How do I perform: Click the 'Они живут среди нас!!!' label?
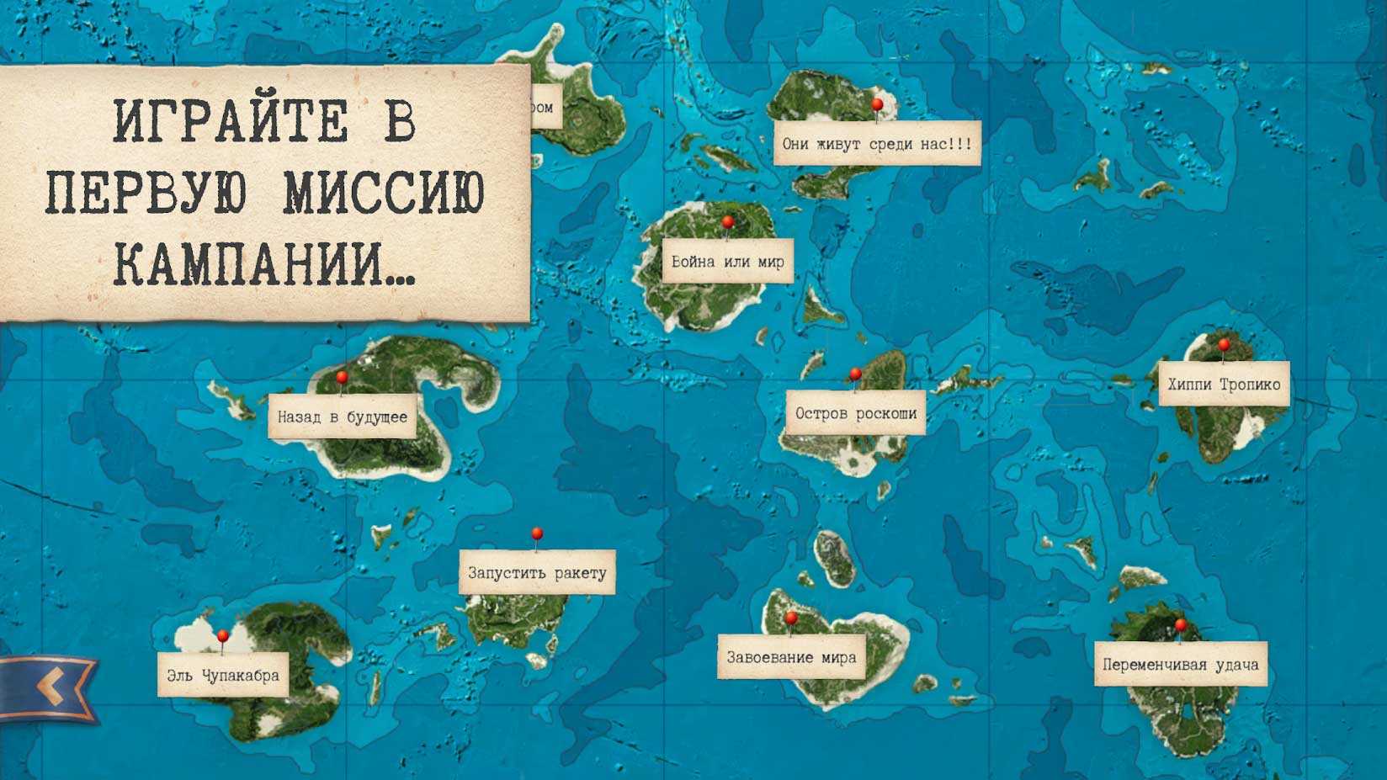coord(876,144)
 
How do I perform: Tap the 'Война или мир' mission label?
coord(727,262)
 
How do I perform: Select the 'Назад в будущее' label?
coord(343,417)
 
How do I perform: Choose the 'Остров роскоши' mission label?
coord(855,413)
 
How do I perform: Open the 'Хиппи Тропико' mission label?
coord(1224,385)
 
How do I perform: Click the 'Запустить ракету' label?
coord(537,573)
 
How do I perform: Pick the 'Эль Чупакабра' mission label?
coord(223,675)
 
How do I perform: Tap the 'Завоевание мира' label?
coord(791,657)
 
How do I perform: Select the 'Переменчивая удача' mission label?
coord(1180,664)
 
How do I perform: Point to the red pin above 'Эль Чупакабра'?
coord(223,635)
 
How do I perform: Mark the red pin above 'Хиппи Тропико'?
coord(1224,344)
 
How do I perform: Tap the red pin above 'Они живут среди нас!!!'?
coord(877,105)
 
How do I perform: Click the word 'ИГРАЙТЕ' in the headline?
coord(229,122)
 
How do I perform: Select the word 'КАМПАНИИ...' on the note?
coord(263,263)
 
